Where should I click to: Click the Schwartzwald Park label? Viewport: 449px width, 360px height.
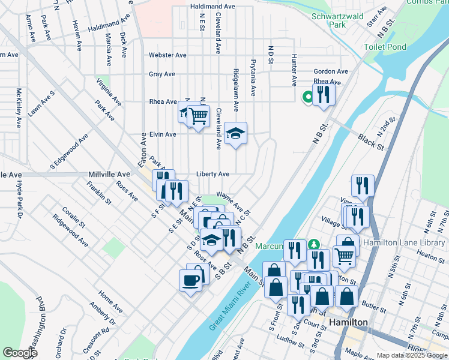337,20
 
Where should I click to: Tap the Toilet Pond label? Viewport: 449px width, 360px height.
385,47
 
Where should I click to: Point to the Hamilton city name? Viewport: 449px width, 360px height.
349,322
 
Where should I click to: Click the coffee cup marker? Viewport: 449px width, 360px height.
191,281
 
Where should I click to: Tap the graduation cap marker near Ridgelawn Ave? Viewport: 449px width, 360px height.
236,134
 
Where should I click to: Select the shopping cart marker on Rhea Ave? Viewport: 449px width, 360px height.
198,115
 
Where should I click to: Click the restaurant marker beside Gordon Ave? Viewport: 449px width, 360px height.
324,95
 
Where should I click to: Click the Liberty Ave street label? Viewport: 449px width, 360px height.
212,174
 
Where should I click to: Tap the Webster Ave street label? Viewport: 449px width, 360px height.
167,55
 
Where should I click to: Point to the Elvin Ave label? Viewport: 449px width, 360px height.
163,134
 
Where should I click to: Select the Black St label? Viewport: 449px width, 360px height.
371,142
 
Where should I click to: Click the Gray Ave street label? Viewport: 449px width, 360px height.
162,74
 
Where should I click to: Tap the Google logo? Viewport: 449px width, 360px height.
20,353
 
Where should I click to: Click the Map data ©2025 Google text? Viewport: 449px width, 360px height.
411,355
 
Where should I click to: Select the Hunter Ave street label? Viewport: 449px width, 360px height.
294,67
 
